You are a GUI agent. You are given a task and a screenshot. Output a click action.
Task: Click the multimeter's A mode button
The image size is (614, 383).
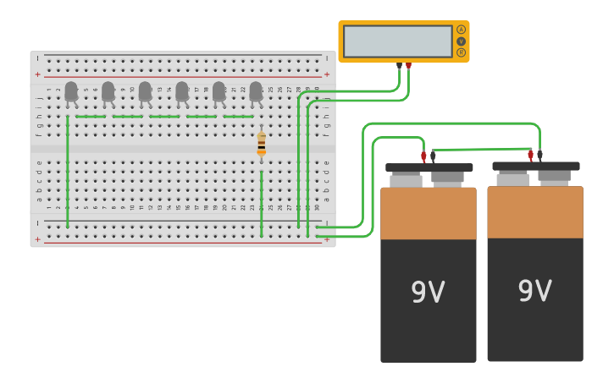461,30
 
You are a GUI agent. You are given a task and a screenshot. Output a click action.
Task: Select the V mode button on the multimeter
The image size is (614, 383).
461,41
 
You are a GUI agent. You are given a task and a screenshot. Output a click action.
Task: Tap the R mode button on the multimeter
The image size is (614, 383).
461,52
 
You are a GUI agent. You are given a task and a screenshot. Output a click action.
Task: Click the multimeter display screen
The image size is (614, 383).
397,41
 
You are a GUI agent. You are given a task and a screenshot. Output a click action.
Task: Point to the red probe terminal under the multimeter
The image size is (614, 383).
408,65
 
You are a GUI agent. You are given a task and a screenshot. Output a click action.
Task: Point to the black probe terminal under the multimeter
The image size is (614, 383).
399,65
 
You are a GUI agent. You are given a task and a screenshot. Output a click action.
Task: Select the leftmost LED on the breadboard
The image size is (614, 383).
71,90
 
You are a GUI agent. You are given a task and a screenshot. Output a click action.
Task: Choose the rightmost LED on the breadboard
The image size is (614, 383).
256,90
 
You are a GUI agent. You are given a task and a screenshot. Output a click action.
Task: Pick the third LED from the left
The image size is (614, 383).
145,90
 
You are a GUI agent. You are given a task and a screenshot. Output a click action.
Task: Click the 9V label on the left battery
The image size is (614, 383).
428,293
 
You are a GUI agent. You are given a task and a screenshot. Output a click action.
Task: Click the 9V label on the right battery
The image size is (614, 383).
534,291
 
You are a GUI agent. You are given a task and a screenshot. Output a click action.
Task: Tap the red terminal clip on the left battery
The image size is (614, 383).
423,156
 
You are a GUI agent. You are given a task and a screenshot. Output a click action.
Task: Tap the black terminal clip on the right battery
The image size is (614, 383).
539,156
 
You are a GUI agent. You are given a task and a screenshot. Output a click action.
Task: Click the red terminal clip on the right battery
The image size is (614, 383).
530,156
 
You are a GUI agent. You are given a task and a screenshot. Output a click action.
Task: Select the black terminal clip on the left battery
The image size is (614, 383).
433,156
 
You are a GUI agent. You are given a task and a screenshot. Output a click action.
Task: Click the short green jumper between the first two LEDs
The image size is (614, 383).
90,117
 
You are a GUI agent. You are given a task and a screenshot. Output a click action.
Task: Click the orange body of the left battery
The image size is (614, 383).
428,213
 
